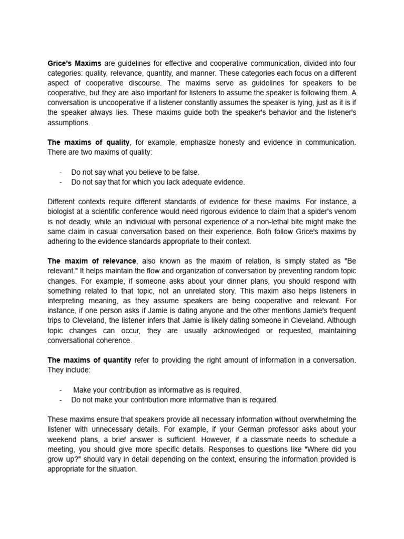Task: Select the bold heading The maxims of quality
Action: (x=88, y=142)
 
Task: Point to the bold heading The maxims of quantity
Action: (x=90, y=360)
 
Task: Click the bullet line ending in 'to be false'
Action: (x=135, y=172)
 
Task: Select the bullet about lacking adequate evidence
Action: (x=158, y=182)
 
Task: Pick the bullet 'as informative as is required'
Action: (x=157, y=390)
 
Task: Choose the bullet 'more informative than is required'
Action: (x=174, y=400)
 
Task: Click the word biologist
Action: (x=64, y=212)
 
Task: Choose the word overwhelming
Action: (x=320, y=420)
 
